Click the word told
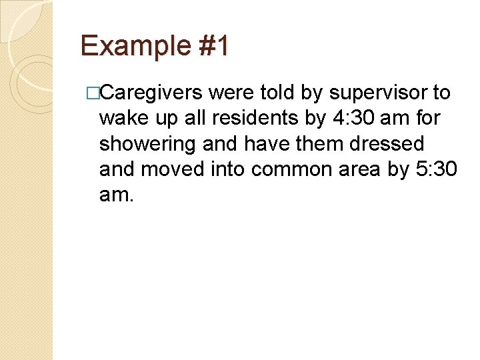tap(279, 93)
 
